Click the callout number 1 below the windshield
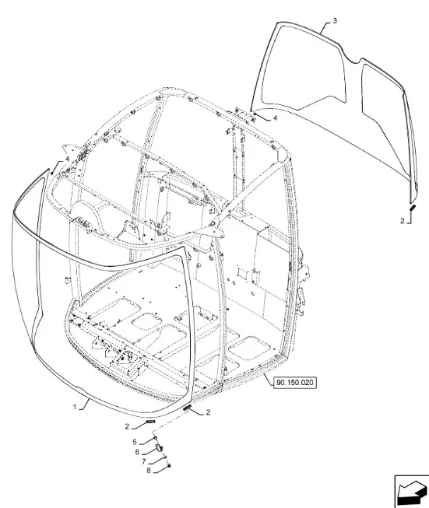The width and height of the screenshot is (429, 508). [75, 407]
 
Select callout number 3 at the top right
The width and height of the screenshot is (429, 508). [335, 20]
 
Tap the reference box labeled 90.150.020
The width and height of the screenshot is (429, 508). [295, 383]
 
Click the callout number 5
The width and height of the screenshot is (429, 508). [135, 442]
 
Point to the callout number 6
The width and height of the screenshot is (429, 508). [137, 452]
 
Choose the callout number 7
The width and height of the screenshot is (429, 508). [144, 461]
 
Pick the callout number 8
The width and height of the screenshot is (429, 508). [149, 471]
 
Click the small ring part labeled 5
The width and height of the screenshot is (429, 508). [156, 438]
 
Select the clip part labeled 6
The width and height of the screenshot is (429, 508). [159, 448]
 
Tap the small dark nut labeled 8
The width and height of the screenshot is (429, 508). [169, 465]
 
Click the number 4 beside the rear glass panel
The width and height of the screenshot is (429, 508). [276, 118]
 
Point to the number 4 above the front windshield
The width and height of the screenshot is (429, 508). [67, 159]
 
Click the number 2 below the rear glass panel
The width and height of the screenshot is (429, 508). [403, 221]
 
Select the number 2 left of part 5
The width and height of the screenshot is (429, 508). [127, 426]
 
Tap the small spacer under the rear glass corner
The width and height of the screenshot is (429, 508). [413, 208]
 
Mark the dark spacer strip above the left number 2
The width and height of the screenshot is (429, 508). [151, 422]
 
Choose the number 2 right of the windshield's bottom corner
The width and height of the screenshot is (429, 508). [208, 412]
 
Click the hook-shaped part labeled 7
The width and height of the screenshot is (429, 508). [164, 457]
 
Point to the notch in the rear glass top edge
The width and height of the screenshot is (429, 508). [353, 60]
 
